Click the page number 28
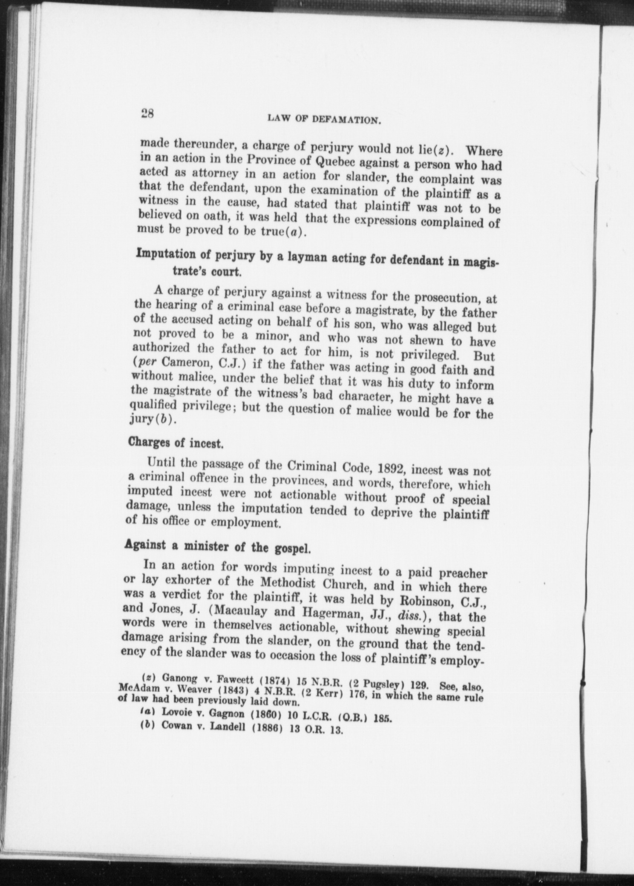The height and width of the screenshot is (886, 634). click(x=148, y=114)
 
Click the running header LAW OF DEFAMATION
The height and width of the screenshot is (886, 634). click(x=324, y=119)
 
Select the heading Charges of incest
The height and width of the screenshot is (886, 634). click(x=176, y=443)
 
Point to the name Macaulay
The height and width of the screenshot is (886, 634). click(x=241, y=611)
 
